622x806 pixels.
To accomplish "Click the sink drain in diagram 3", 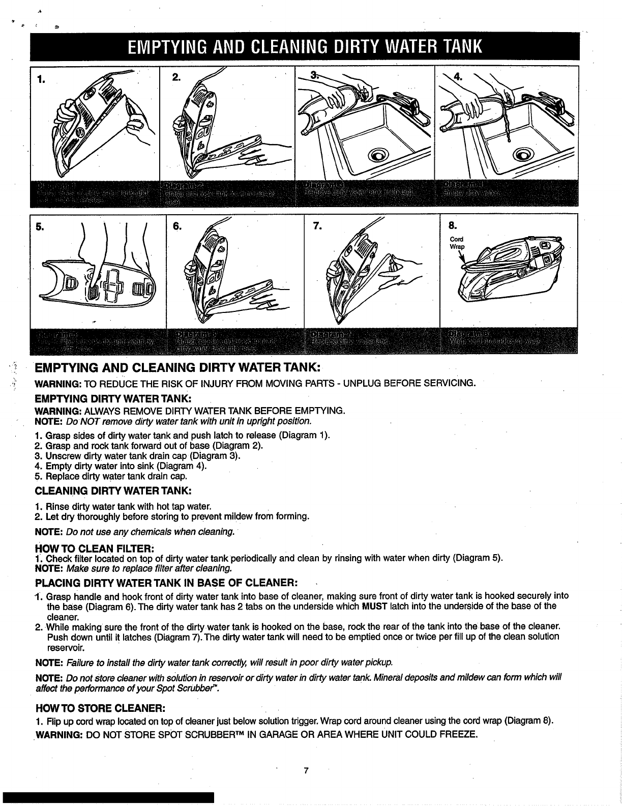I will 380,155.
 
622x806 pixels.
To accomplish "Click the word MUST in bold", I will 375,607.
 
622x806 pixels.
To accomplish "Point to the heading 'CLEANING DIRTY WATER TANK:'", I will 113,491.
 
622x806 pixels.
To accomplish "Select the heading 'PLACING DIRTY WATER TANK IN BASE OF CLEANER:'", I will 166,582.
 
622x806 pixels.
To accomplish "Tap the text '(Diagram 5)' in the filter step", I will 478,558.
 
